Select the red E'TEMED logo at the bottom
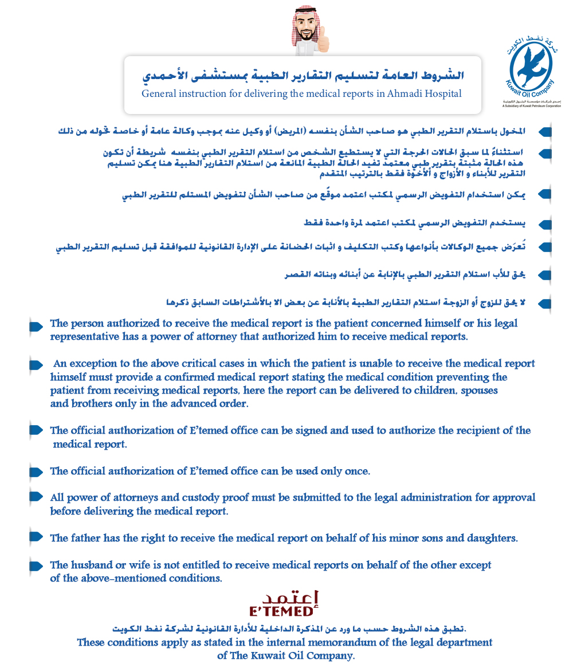pos(284,603)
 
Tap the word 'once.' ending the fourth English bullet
pos(356,471)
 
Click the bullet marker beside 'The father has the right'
pos(36,537)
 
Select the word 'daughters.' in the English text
pos(494,538)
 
